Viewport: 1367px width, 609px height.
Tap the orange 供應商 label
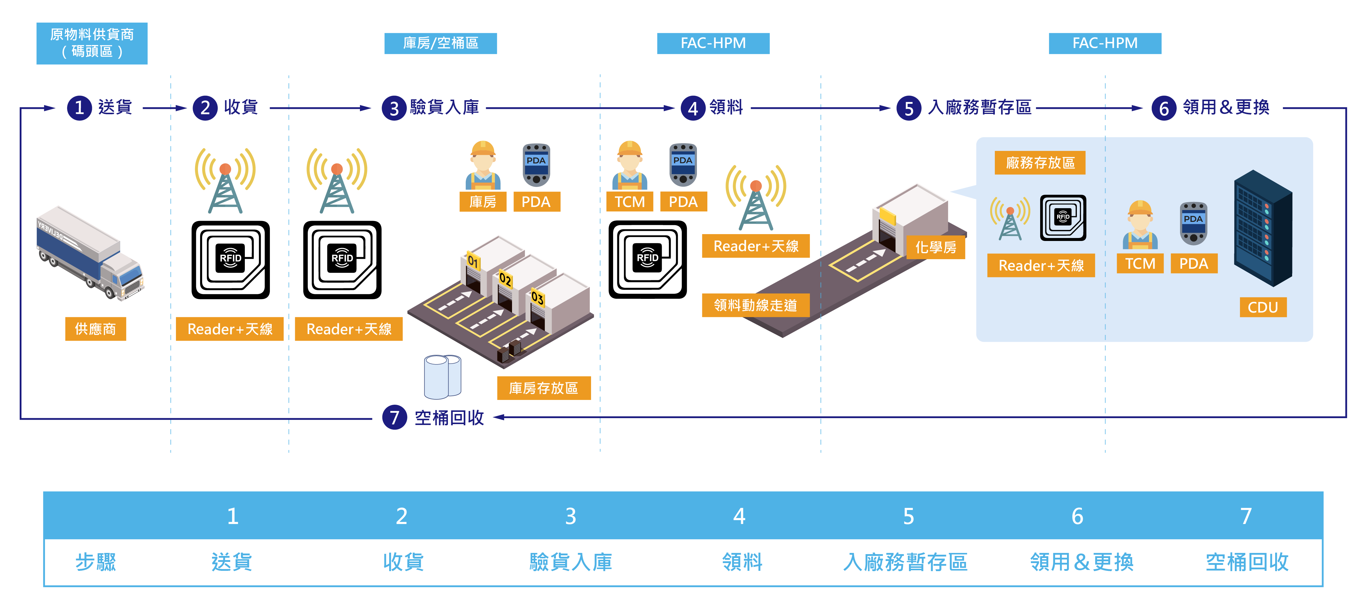pyautogui.click(x=95, y=329)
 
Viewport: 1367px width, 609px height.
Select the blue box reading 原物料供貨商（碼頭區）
pyautogui.click(x=92, y=43)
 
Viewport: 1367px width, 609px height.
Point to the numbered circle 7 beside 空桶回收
pyautogui.click(x=394, y=418)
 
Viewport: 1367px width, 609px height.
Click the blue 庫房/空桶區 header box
pyautogui.click(x=440, y=43)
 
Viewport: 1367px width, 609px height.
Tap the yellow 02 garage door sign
pyautogui.click(x=505, y=279)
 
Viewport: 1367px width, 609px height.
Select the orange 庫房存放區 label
pyautogui.click(x=543, y=388)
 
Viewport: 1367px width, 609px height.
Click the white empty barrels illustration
pyautogui.click(x=442, y=377)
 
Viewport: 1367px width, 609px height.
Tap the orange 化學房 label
pyautogui.click(x=935, y=247)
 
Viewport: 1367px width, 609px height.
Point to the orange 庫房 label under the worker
pyautogui.click(x=483, y=202)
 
